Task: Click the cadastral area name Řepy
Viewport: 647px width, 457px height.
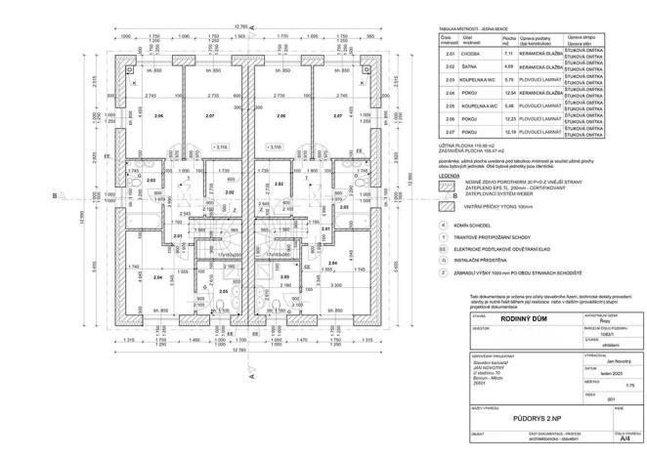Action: [575, 319]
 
